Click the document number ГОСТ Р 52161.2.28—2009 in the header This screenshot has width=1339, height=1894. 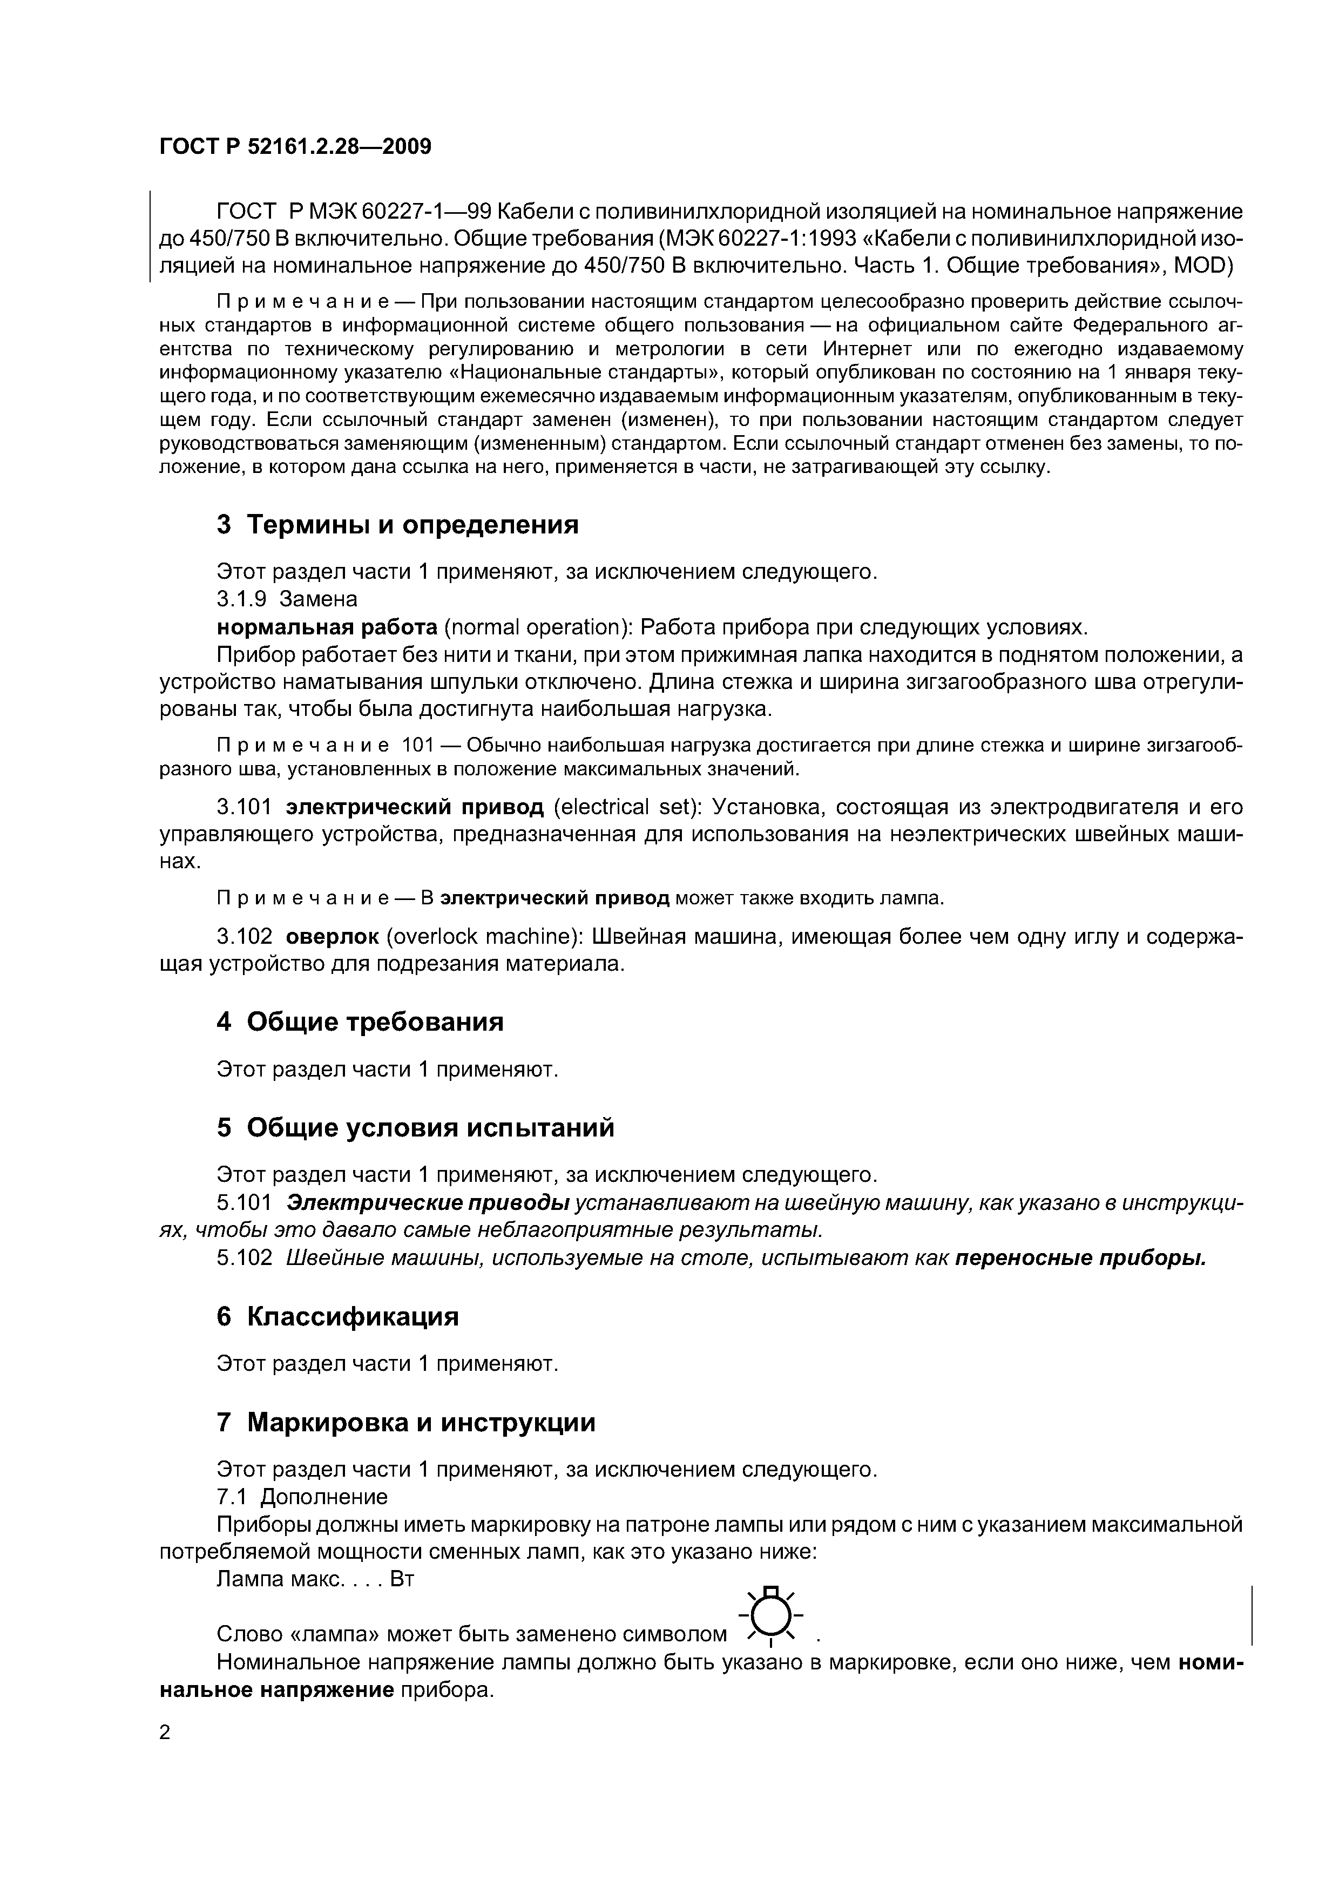click(x=295, y=147)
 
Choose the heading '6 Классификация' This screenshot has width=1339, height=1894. click(x=337, y=1316)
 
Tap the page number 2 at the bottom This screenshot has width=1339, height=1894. click(x=165, y=1733)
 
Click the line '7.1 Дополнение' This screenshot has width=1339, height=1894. click(x=301, y=1497)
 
